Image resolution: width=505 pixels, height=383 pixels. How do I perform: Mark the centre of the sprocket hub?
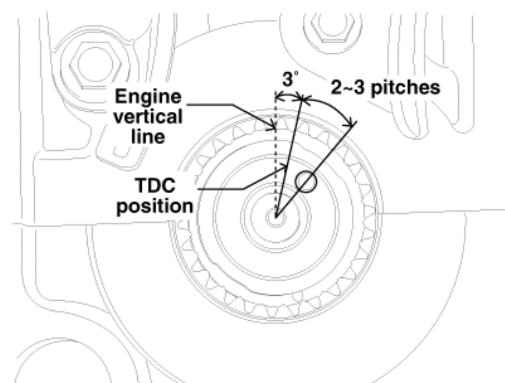coord(276,217)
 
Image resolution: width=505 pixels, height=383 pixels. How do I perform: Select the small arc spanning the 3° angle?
coord(289,96)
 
